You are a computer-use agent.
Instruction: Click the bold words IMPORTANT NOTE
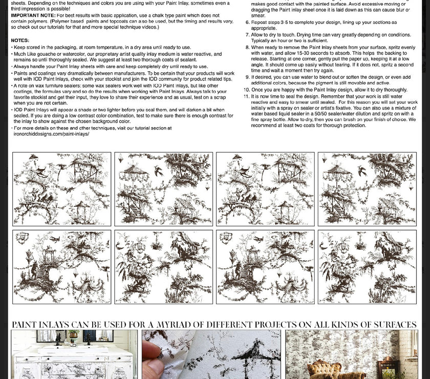33,15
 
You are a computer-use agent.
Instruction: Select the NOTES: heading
20,40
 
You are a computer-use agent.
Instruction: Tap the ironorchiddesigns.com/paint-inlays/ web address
51,134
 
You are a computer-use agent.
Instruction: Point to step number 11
246,96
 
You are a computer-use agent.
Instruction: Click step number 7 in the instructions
247,35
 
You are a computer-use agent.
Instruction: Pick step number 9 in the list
247,77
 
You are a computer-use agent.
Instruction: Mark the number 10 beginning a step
247,90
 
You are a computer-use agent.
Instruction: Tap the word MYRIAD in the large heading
174,325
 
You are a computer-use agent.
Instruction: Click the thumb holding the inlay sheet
151,359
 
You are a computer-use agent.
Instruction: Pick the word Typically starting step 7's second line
261,40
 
